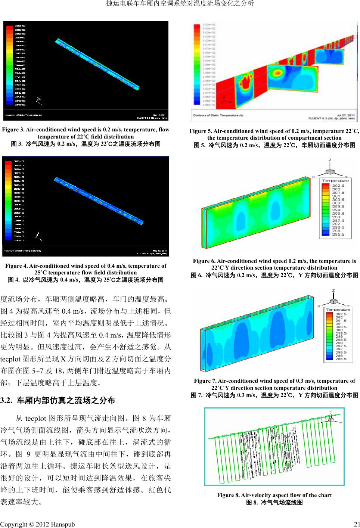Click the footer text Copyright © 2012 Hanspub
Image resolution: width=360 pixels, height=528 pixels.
click(37, 524)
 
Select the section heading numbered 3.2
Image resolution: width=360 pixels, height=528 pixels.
click(58, 401)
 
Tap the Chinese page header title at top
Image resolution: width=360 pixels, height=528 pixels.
click(180, 4)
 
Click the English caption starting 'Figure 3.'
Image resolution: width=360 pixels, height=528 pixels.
click(86, 133)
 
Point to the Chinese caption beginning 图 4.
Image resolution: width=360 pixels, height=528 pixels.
click(86, 280)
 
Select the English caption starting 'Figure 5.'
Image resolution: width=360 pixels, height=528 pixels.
click(274, 134)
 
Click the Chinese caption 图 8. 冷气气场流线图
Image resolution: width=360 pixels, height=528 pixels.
click(274, 502)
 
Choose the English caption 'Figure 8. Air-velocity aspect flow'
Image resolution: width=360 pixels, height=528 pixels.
click(274, 495)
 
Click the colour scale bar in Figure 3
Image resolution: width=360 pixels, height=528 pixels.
click(9, 65)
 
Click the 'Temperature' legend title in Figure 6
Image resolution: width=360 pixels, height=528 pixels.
click(335, 181)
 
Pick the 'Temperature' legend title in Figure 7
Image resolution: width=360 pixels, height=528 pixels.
click(338, 310)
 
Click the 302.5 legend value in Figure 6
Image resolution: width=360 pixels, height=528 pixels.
click(338, 186)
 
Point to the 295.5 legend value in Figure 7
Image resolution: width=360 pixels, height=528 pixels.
click(340, 359)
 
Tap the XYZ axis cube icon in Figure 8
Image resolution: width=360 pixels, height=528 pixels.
click(330, 419)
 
